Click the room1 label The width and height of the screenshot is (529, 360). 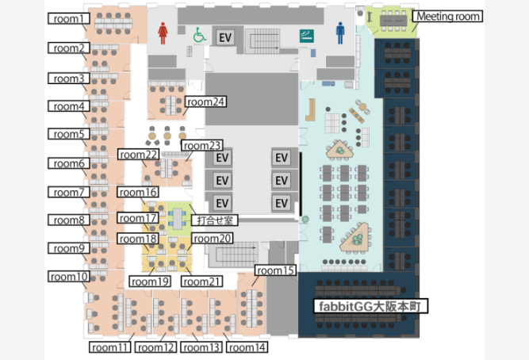pyautogui.click(x=69, y=18)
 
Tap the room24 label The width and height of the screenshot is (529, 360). pyautogui.click(x=205, y=101)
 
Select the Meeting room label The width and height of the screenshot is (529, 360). pyautogui.click(x=447, y=16)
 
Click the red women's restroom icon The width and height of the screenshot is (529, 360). pyautogui.click(x=163, y=33)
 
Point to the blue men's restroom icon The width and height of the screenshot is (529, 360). pyautogui.click(x=340, y=33)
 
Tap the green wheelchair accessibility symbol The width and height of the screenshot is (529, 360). pyautogui.click(x=199, y=35)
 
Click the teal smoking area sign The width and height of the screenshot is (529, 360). pyautogui.click(x=306, y=36)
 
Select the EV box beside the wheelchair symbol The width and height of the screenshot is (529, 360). pyautogui.click(x=225, y=37)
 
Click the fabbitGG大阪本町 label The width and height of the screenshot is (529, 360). pyautogui.click(x=370, y=306)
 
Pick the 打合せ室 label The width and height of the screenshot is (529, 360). pyautogui.click(x=215, y=220)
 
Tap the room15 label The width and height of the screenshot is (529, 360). pyautogui.click(x=275, y=270)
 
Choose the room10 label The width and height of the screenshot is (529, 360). pyautogui.click(x=69, y=276)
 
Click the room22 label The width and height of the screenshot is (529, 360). pyautogui.click(x=138, y=155)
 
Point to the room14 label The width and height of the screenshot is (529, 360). pyautogui.click(x=247, y=347)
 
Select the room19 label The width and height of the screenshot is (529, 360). pyautogui.click(x=150, y=281)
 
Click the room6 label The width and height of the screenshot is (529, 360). pyautogui.click(x=69, y=163)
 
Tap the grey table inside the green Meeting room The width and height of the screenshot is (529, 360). pyautogui.click(x=393, y=21)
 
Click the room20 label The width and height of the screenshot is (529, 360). pyautogui.click(x=213, y=239)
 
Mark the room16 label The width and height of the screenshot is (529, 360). pyautogui.click(x=138, y=192)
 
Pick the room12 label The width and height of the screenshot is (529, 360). pyautogui.click(x=155, y=347)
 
